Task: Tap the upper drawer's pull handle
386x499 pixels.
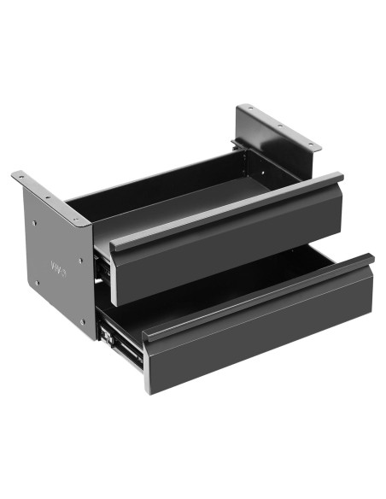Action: [x=227, y=210]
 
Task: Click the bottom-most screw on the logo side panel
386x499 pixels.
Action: [x=83, y=322]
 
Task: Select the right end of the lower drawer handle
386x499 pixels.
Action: [x=369, y=258]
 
